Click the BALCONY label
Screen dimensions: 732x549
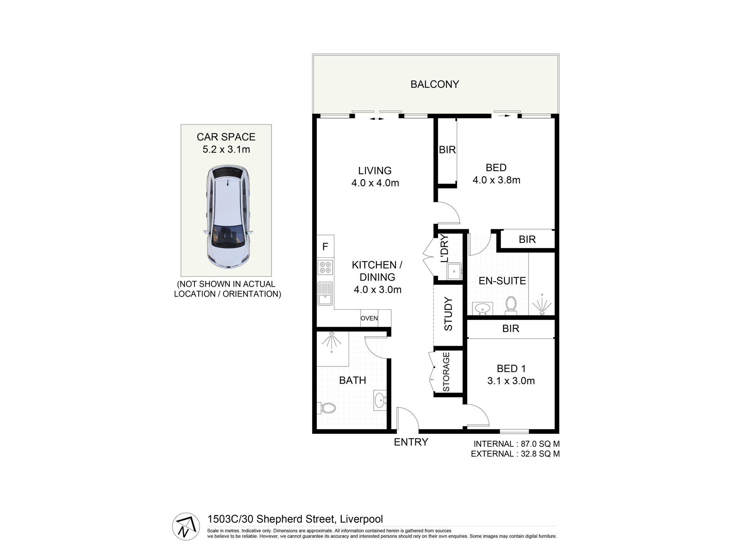click(x=435, y=84)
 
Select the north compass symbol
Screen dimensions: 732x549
click(x=186, y=527)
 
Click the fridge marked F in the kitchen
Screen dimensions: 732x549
click(x=326, y=247)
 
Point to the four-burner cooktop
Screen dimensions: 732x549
click(x=326, y=267)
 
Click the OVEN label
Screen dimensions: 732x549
click(x=369, y=319)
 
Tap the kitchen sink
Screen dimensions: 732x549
click(x=326, y=294)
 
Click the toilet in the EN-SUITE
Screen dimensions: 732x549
click(x=511, y=304)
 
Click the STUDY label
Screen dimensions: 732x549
click(x=448, y=314)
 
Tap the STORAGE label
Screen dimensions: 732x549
click(x=446, y=372)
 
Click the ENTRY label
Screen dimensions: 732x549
click(x=411, y=442)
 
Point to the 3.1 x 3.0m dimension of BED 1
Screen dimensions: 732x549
click(x=511, y=381)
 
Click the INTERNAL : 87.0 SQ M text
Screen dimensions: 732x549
click(x=517, y=444)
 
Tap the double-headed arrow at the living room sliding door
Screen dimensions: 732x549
click(x=377, y=119)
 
